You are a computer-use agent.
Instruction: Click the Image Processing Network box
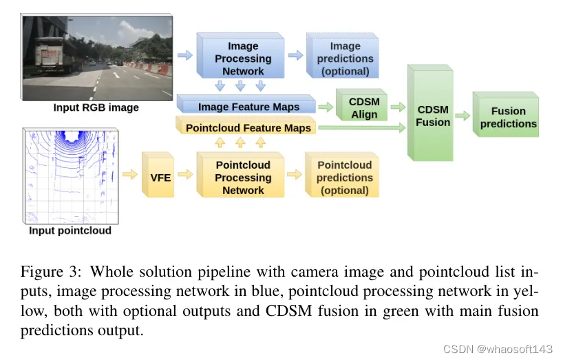(242, 58)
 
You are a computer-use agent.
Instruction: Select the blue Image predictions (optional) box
(345, 58)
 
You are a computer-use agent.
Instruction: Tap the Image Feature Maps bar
(248, 107)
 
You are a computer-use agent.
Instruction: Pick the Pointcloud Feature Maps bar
(248, 127)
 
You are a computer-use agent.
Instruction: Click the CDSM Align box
(364, 108)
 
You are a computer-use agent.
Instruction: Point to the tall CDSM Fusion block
(432, 115)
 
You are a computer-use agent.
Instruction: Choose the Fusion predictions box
(508, 117)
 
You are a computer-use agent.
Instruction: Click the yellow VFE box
(160, 177)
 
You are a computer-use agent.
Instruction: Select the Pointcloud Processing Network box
(242, 177)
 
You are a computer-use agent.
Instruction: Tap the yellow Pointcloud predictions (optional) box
(344, 177)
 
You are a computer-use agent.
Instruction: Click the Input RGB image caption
(96, 108)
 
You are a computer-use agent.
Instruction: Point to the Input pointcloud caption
(70, 231)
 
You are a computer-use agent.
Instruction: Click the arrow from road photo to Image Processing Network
(184, 53)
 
